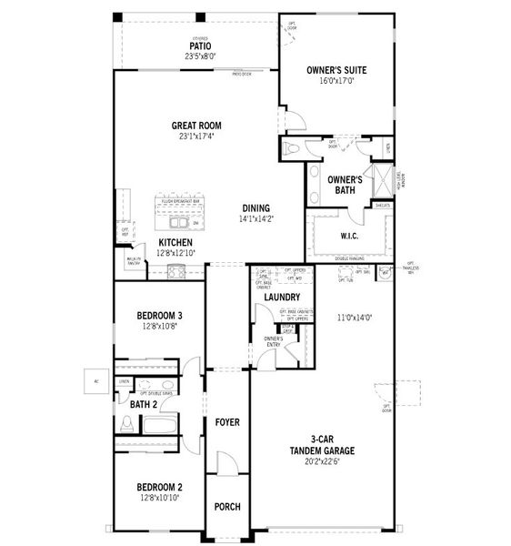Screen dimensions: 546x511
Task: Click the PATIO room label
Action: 200,45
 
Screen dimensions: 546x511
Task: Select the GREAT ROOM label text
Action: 196,126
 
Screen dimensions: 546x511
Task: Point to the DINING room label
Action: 255,207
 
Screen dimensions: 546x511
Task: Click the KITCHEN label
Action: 175,242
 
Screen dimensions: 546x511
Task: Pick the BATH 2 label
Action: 144,403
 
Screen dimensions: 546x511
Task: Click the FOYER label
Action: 226,422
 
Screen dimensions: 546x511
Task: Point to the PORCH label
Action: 226,506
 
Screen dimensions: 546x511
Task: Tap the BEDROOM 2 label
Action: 160,487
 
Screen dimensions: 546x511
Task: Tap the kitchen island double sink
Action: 177,222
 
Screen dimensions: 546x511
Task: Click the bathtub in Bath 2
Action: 159,425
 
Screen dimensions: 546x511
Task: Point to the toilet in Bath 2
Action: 127,423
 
